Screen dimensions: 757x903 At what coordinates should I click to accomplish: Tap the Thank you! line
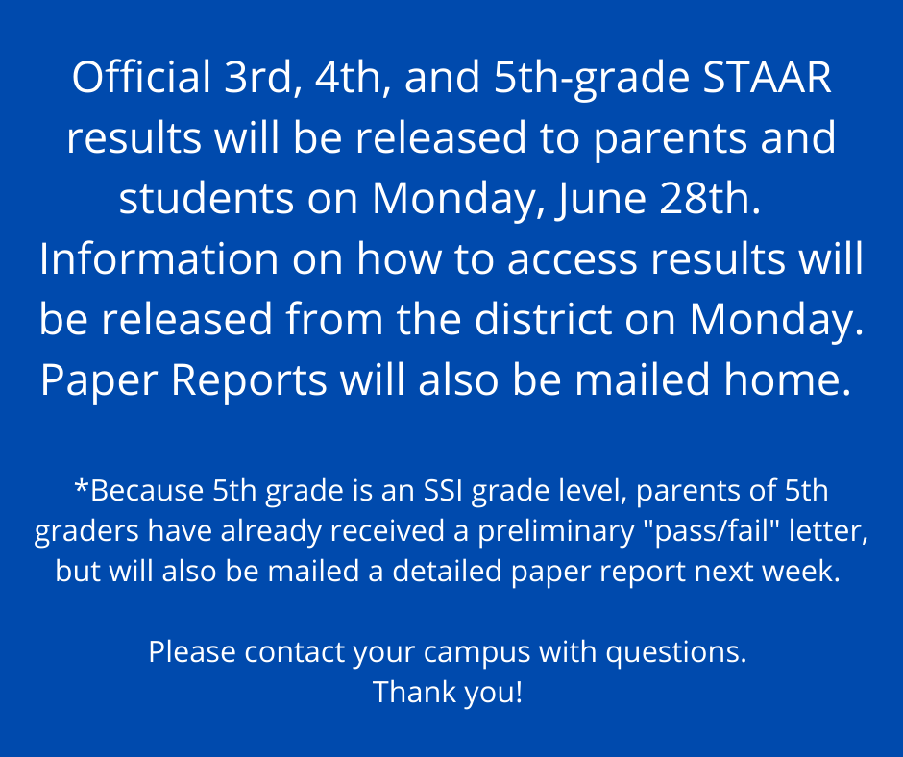coord(448,692)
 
